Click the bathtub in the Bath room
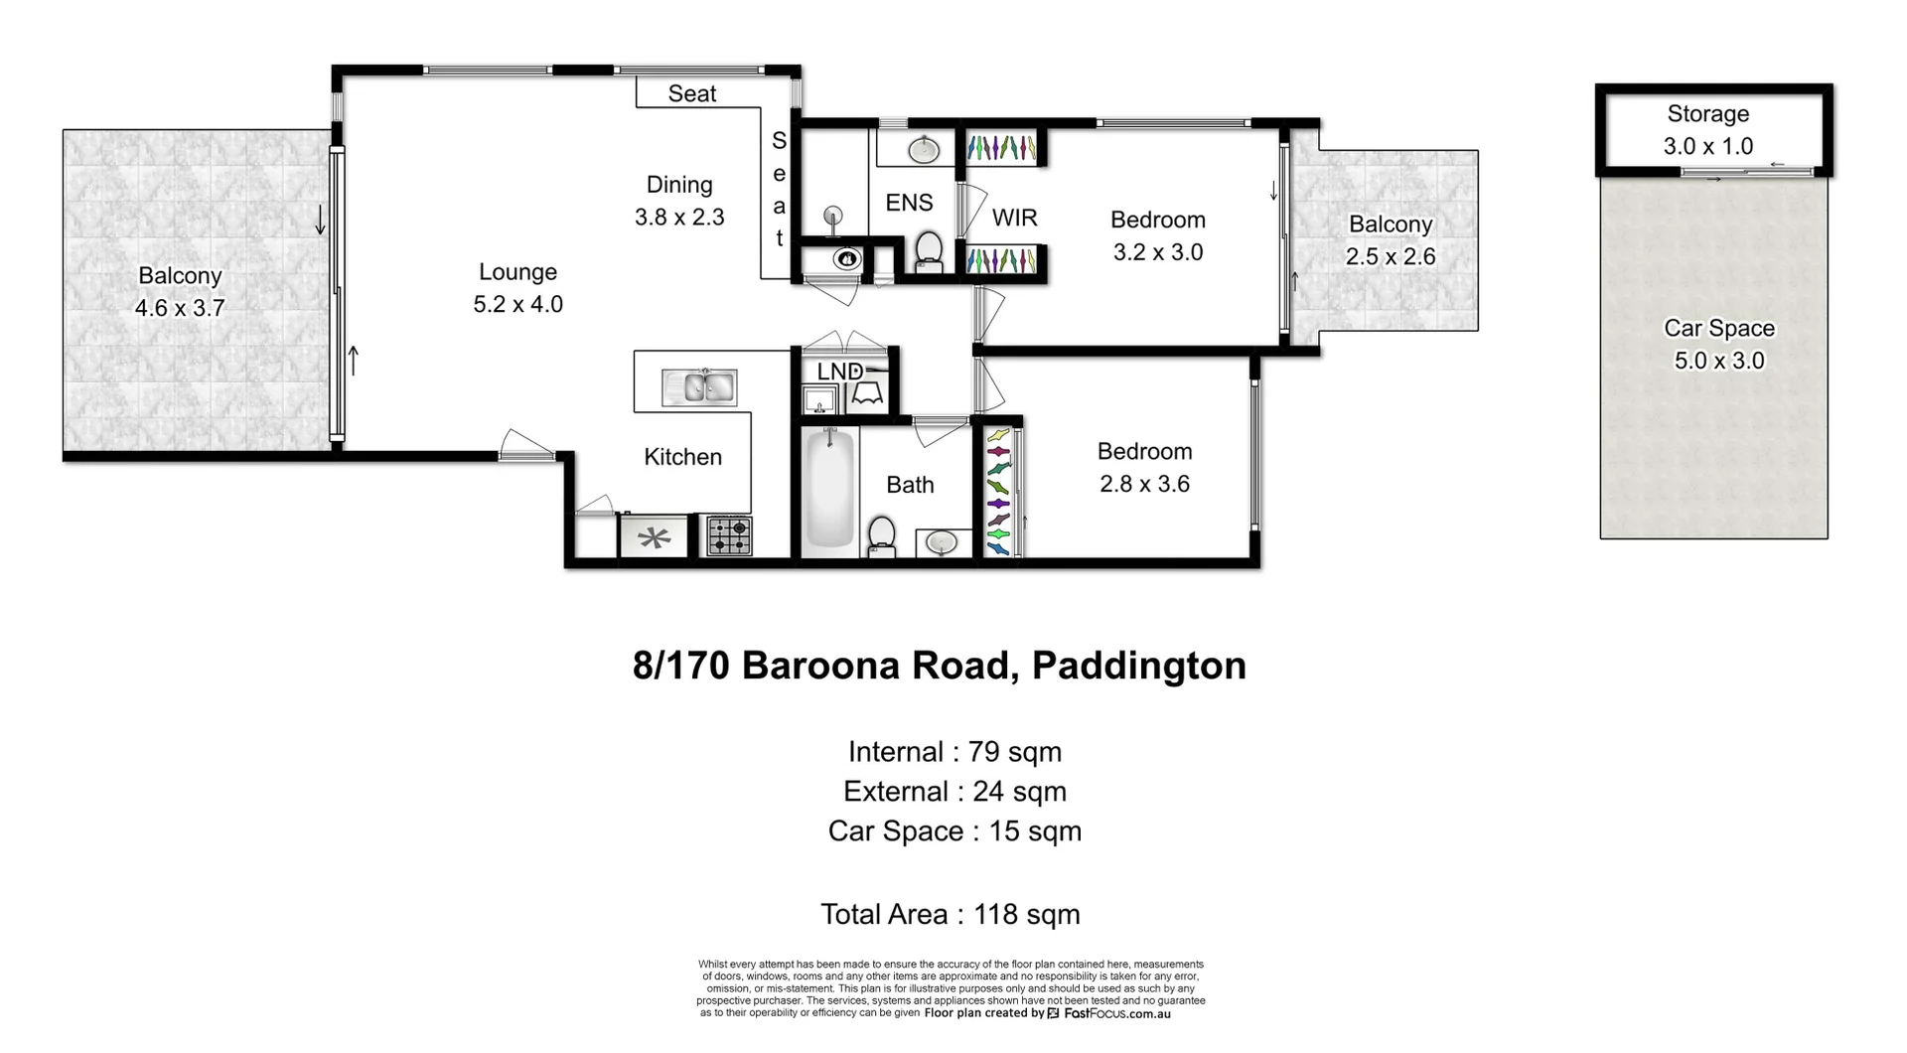828,489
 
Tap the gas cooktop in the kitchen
729,536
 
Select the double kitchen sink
699,387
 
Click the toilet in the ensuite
929,251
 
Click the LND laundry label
839,372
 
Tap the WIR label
1014,218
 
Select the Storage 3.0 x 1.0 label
1708,130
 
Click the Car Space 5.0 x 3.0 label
1719,345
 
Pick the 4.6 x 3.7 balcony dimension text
180,308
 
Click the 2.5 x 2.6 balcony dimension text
1391,256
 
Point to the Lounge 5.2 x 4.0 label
517,288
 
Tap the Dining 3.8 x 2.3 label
679,201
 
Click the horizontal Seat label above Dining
692,93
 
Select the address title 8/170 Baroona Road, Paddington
939,666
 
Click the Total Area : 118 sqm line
950,914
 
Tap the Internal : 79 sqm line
954,752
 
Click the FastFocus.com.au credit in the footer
1116,1014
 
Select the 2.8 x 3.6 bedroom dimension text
1144,484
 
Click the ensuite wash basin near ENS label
924,150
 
